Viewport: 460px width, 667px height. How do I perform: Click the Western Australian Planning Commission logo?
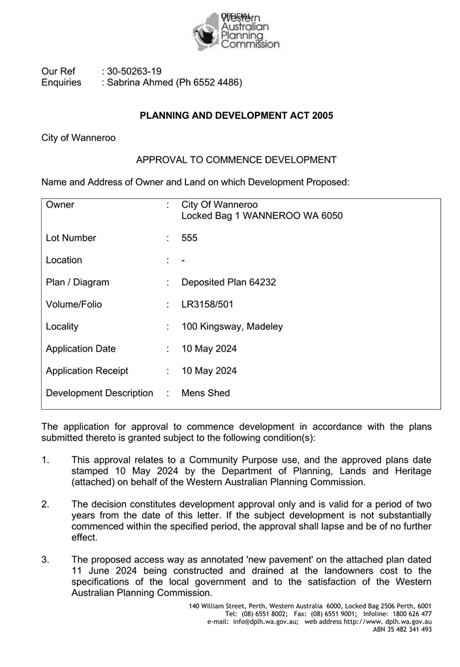coord(236,31)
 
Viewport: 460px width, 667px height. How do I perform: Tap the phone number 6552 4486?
coord(219,82)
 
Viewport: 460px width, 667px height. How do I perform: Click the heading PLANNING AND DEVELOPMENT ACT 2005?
coord(236,116)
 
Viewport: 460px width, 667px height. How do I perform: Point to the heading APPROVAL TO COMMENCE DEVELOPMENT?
coord(236,160)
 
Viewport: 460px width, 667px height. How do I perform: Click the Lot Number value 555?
coord(189,238)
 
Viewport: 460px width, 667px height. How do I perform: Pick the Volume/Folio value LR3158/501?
coord(207,305)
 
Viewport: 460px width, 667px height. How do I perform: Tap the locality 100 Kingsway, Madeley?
coord(232,327)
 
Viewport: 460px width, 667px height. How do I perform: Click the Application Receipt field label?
coord(87,371)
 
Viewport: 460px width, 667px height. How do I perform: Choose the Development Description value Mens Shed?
coord(206,394)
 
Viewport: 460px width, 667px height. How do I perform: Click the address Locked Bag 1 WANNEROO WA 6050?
coord(262,216)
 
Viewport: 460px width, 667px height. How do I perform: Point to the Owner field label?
coord(60,205)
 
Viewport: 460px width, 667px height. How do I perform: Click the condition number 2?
coord(45,504)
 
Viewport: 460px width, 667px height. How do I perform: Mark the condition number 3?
coord(45,560)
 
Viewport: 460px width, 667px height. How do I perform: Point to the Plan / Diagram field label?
coord(78,283)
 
